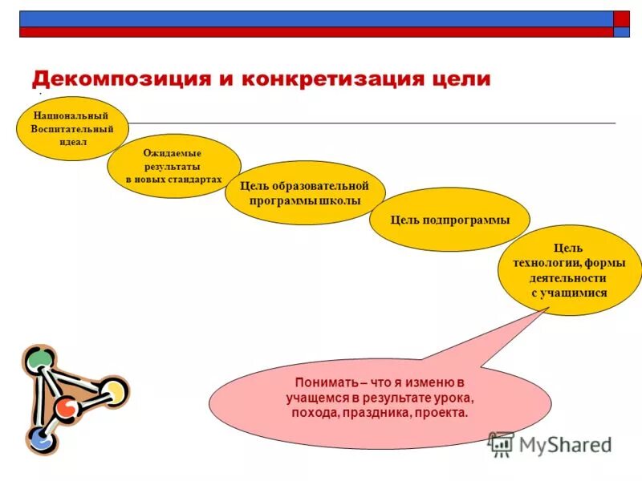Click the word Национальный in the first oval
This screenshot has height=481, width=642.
click(71, 115)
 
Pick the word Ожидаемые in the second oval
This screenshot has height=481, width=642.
click(173, 153)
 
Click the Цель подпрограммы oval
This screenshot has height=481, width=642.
click(449, 220)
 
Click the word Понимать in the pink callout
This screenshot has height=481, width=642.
click(322, 383)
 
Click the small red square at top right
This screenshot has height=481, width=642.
click(622, 19)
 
